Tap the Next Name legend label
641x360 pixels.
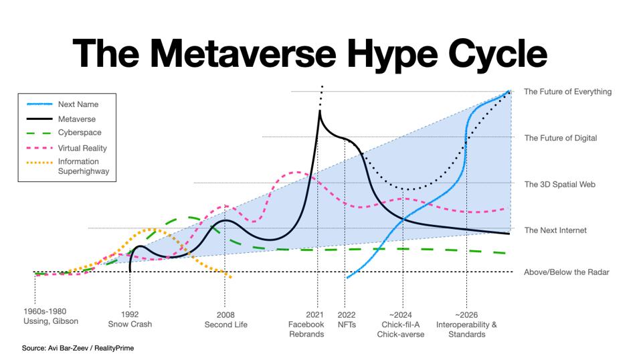point(78,104)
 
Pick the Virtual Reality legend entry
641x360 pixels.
point(82,148)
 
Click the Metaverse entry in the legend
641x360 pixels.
point(76,119)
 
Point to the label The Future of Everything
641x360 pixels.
point(567,92)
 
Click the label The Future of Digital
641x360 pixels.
point(560,138)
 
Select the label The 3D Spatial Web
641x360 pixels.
point(559,184)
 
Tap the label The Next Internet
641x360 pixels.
point(555,230)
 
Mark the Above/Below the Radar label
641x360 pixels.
point(566,272)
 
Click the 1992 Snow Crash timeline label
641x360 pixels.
point(130,319)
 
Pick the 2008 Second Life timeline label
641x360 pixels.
point(225,319)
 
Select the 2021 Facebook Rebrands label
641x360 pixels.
point(306,324)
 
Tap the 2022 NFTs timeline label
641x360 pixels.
point(347,319)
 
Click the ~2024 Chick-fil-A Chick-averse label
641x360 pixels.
point(400,324)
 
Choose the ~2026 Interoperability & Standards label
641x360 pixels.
point(466,324)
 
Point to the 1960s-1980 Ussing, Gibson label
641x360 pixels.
point(50,316)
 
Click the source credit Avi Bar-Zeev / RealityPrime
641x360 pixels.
point(78,348)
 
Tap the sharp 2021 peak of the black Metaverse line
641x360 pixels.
point(319,111)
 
